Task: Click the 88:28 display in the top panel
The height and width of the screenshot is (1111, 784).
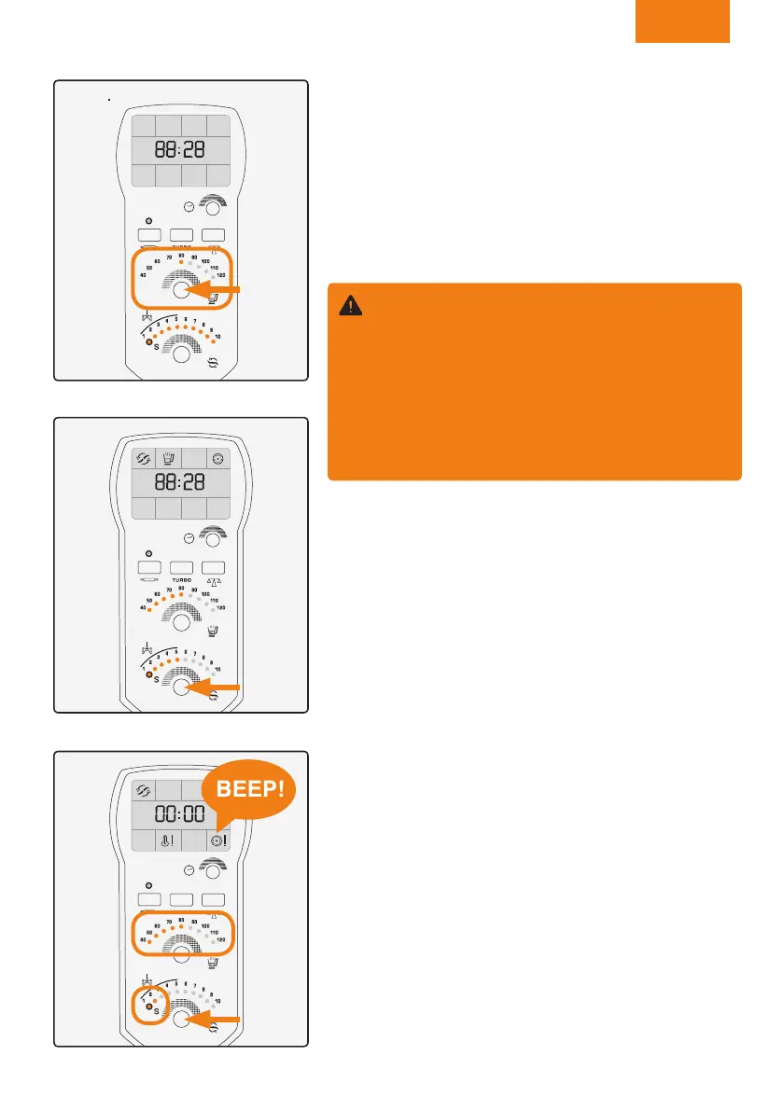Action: pos(181,150)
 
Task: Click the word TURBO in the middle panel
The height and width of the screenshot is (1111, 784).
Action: pos(181,577)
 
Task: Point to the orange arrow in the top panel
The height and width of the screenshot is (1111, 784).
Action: pos(219,291)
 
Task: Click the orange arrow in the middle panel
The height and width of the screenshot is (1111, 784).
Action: pos(219,688)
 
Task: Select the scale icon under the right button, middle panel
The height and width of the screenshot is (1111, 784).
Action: pos(215,578)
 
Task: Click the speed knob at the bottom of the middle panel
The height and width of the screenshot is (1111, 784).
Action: pos(181,689)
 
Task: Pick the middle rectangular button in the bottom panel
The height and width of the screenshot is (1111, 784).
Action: pos(181,900)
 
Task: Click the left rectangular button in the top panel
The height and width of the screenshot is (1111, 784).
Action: pos(148,235)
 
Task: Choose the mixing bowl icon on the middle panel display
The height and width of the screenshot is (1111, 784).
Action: pos(168,457)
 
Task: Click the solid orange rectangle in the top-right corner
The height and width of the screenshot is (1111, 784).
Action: pos(682,21)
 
